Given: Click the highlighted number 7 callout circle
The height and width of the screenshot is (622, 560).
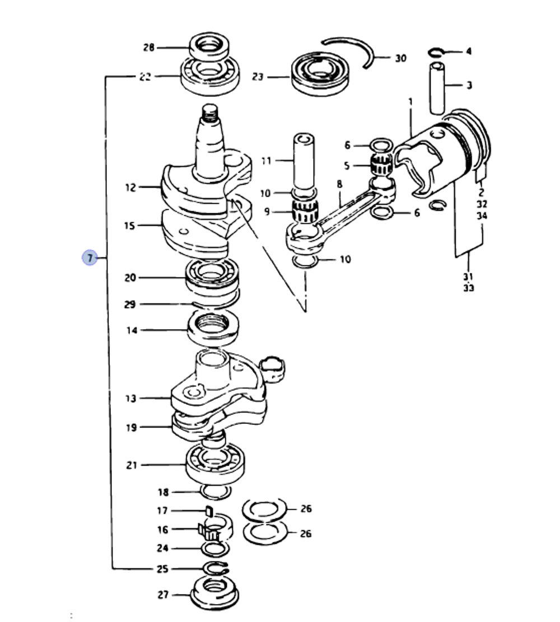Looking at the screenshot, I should (89, 258).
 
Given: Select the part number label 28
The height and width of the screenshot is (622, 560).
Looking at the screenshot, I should (149, 48).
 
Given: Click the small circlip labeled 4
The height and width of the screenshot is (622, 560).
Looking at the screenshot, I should (435, 53).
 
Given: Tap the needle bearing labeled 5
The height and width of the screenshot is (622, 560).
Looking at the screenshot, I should (381, 166).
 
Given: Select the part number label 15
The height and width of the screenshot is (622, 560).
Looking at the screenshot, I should (130, 226).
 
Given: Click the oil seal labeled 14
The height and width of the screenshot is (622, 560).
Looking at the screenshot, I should (212, 329).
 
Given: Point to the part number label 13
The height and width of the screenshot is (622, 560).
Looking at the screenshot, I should (130, 399).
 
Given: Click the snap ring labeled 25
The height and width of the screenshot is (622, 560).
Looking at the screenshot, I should (215, 568).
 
